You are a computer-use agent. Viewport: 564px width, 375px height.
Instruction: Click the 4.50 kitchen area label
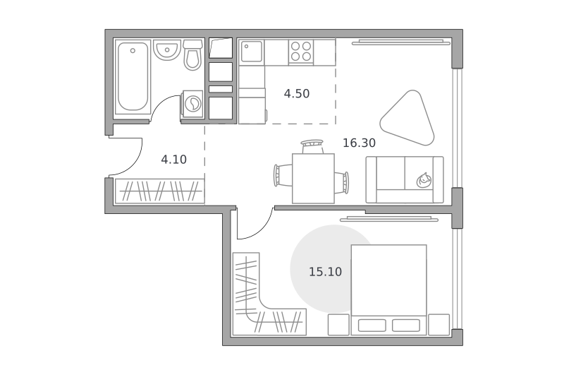click(x=296, y=94)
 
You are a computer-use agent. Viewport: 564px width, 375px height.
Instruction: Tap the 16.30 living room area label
click(x=359, y=143)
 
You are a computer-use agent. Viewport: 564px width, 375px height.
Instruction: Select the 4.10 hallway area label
click(x=173, y=159)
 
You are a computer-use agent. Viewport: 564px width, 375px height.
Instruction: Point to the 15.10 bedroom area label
click(x=325, y=272)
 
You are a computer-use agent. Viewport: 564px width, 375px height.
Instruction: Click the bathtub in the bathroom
click(x=133, y=77)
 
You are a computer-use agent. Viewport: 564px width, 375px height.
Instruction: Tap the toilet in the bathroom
click(x=192, y=55)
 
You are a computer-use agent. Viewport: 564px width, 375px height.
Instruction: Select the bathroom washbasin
click(x=166, y=49)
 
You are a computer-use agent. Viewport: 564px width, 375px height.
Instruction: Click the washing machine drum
click(x=193, y=104)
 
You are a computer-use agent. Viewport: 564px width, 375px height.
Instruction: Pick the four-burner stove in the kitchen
click(x=301, y=52)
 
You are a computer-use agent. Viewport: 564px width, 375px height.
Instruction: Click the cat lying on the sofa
click(x=424, y=180)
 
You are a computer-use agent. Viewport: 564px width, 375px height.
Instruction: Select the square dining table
click(x=313, y=179)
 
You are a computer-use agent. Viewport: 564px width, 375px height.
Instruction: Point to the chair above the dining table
click(x=312, y=147)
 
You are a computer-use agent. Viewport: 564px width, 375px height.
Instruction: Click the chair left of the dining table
click(x=283, y=175)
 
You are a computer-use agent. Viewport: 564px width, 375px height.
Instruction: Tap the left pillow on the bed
click(x=372, y=326)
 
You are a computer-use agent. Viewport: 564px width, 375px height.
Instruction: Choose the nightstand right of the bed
click(x=439, y=325)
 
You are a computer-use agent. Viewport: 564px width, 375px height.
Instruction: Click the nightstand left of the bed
click(x=338, y=325)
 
